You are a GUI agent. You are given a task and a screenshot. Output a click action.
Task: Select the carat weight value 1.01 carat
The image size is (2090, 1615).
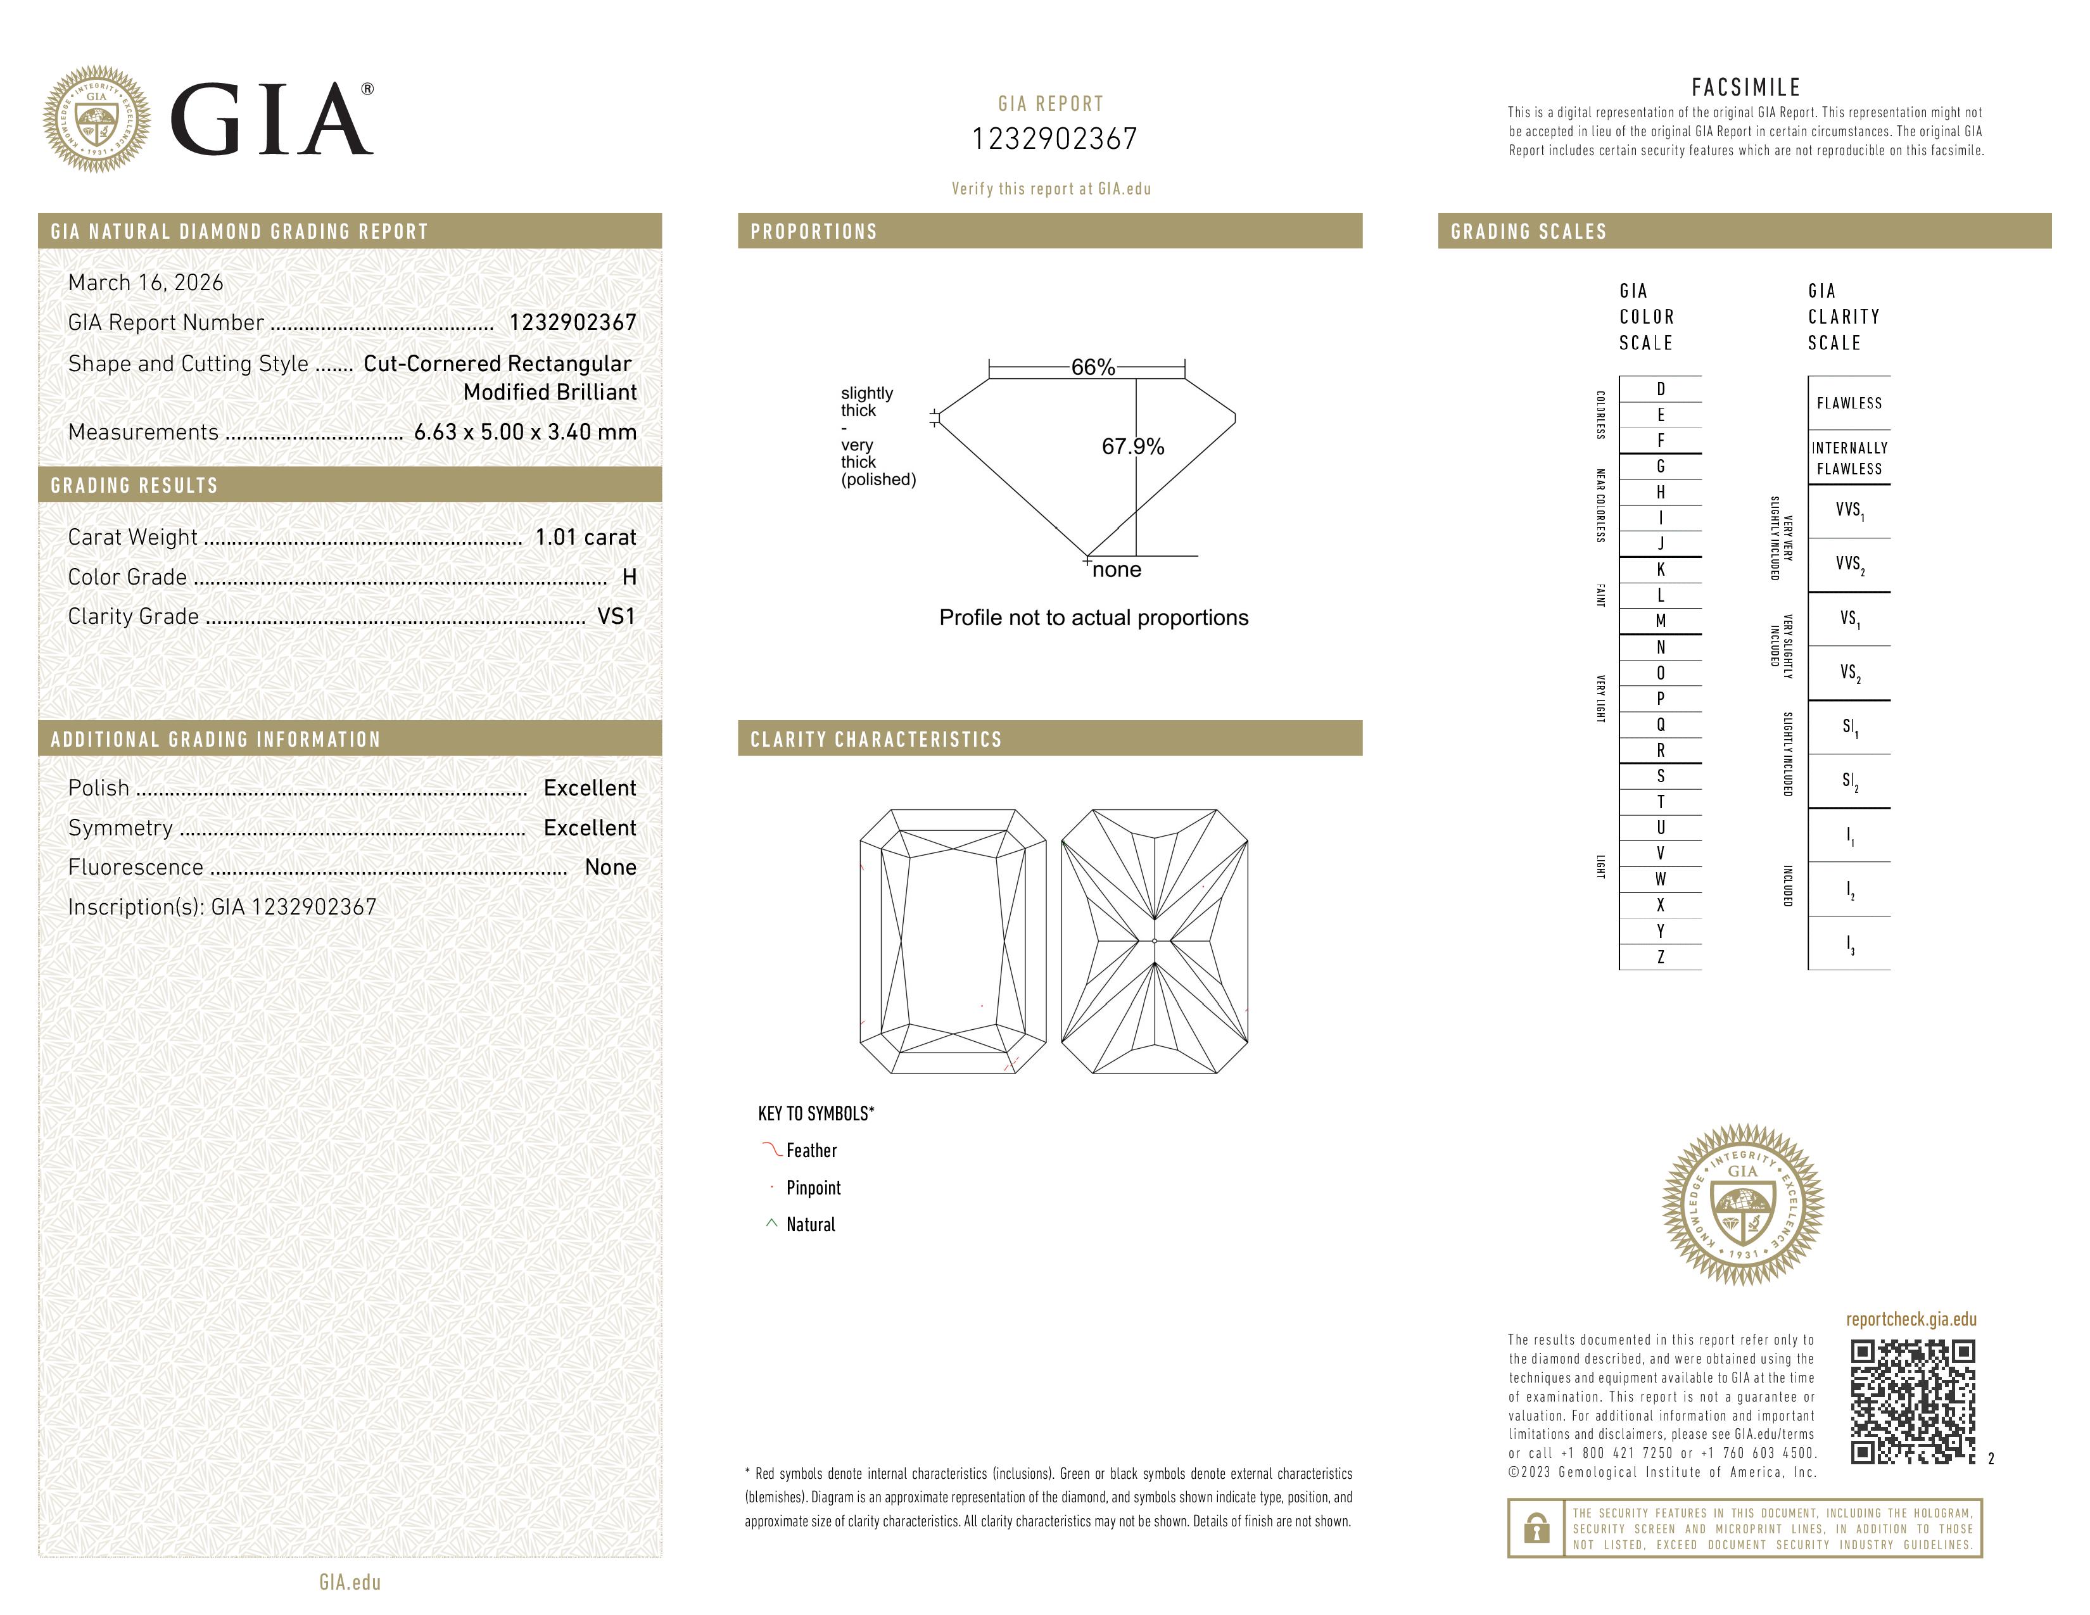click(x=585, y=538)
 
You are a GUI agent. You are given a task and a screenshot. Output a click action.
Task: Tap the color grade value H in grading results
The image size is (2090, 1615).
click(x=629, y=577)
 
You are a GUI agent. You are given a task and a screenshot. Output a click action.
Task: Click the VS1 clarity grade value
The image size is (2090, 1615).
click(x=616, y=617)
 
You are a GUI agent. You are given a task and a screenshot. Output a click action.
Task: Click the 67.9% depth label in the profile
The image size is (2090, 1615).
click(x=1132, y=446)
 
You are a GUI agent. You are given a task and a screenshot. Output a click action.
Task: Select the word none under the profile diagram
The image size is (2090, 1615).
click(x=1116, y=570)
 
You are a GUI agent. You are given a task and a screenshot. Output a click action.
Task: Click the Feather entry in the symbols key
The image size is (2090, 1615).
click(x=811, y=1151)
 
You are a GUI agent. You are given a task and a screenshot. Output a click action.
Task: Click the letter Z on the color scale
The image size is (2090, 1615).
click(x=1661, y=957)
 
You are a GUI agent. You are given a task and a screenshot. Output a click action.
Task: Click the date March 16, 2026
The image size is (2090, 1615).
click(x=146, y=283)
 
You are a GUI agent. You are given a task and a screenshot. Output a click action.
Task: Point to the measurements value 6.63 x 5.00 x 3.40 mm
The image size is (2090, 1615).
click(x=524, y=433)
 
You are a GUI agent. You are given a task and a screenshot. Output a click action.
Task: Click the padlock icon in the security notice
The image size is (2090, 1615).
click(x=1536, y=1528)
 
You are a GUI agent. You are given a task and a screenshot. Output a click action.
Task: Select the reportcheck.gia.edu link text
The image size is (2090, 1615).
click(x=1910, y=1319)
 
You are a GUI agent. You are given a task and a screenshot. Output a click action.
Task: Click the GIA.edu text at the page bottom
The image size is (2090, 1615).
click(x=350, y=1583)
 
